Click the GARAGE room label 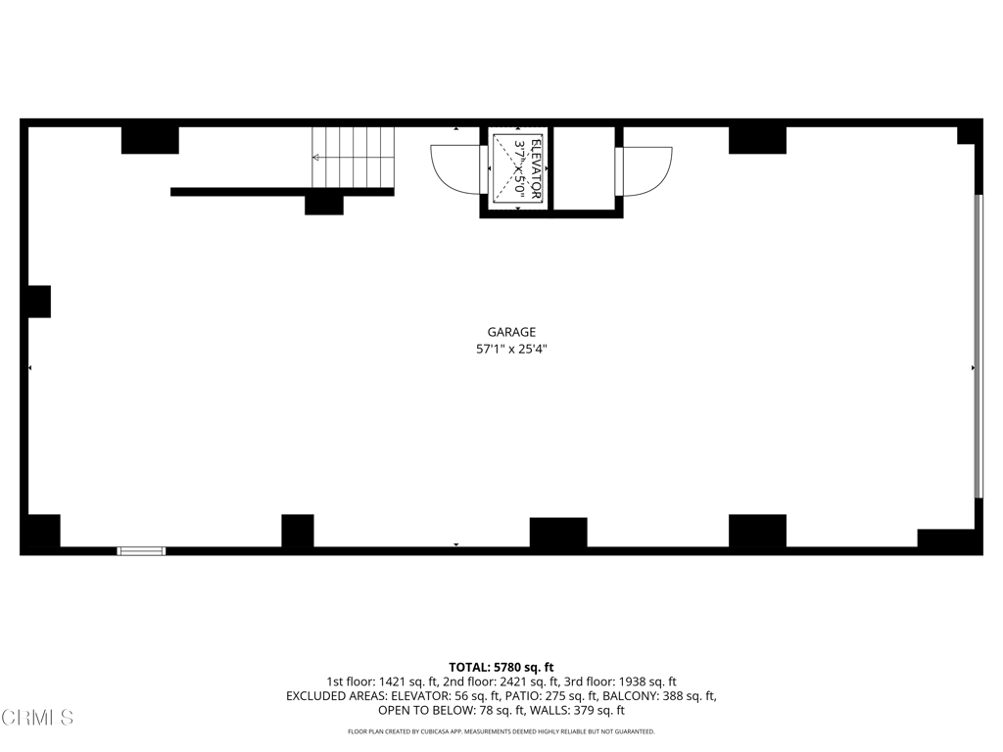(511, 332)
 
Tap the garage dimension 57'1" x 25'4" (511, 349)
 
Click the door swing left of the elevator (456, 168)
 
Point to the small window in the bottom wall (141, 551)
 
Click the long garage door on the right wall (977, 347)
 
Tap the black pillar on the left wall (38, 301)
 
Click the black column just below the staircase (323, 205)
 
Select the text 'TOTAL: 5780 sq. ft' (501, 667)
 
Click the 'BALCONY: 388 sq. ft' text (659, 696)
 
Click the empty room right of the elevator (585, 168)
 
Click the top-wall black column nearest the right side (757, 141)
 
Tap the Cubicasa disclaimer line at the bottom (501, 731)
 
